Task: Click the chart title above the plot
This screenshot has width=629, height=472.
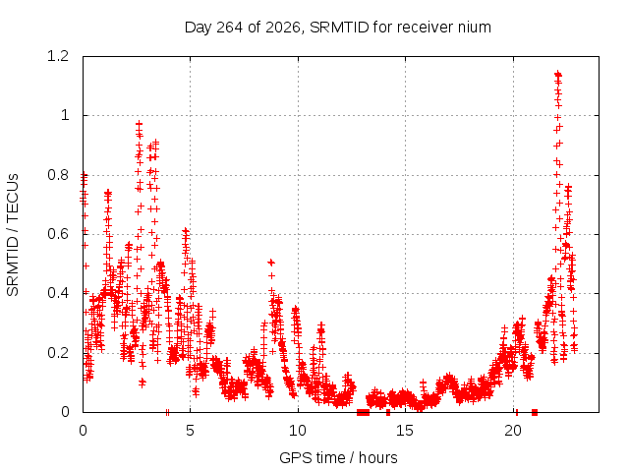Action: pos(338,28)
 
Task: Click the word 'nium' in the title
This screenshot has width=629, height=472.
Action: pos(474,28)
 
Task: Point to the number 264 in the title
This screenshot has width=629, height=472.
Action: pos(229,28)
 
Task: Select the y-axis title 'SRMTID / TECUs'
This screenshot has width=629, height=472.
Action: pos(13,235)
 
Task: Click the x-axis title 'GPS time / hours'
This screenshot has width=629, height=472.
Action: pos(338,457)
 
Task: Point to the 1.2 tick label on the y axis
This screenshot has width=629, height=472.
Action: pos(58,56)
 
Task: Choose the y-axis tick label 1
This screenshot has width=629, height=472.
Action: pos(65,116)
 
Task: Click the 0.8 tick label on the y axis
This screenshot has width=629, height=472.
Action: pos(58,175)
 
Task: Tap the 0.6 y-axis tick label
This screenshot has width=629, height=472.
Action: pos(58,234)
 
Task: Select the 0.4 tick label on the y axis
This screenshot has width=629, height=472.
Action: pos(58,293)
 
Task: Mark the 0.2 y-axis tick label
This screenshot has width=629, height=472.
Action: pos(58,353)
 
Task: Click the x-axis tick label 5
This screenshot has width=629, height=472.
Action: pos(190,431)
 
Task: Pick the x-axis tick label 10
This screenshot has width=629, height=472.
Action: pos(298,431)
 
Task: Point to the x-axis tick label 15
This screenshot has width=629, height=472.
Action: pos(405,431)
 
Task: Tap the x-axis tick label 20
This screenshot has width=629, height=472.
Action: pos(513,431)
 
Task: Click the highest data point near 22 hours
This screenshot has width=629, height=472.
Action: pos(557,75)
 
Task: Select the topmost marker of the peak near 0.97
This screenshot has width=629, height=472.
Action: pos(139,124)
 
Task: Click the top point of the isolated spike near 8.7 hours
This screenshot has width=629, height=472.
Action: pos(271,263)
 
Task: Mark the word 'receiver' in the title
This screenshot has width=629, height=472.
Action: pos(425,28)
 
